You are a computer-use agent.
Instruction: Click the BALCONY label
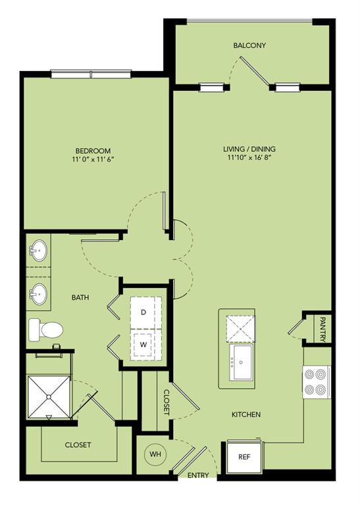249,45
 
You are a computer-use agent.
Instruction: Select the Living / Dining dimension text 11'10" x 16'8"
249,158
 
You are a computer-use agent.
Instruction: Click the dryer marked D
143,313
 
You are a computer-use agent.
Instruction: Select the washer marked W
143,343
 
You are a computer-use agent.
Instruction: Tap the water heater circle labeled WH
153,454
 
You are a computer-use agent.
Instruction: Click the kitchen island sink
243,362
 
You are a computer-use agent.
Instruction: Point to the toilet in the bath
44,329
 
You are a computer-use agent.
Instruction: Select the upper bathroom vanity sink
38,251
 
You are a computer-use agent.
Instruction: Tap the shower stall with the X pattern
47,397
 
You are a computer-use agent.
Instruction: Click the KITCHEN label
246,415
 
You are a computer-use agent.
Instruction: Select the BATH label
80,298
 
